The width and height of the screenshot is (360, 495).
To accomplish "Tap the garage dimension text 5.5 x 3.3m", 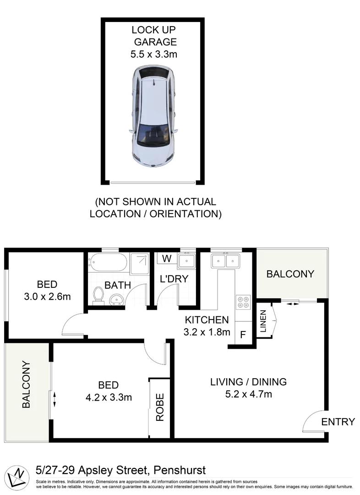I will point(154,54).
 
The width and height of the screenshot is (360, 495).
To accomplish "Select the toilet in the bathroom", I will point(98,295).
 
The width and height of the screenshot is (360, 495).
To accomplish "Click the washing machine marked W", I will point(167,258).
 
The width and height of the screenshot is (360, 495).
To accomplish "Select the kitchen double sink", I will point(225,261).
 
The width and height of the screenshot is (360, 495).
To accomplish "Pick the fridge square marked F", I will point(242,334).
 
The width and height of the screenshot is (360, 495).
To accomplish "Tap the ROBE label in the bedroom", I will point(160,407).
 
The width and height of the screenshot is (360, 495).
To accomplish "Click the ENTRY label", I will point(338,422).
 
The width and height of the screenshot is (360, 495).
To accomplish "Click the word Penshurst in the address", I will point(180,470).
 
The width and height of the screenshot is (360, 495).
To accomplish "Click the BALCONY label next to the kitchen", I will point(290,274).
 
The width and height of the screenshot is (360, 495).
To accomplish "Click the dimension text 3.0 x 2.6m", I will point(47,296).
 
